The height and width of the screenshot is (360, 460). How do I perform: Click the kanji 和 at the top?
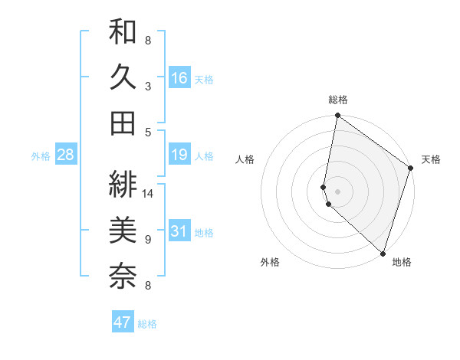[x=123, y=33]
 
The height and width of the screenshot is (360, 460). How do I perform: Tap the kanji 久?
[x=123, y=77]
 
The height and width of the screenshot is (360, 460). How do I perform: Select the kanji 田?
[x=123, y=123]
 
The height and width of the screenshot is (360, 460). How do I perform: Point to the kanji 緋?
[x=123, y=184]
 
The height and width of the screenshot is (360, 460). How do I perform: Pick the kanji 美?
[x=123, y=231]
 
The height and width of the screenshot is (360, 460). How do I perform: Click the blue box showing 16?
[x=179, y=77]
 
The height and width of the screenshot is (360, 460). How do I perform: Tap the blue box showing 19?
[x=179, y=155]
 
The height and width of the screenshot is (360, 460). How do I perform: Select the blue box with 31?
[x=179, y=232]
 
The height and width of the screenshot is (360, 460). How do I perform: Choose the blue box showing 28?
[x=66, y=155]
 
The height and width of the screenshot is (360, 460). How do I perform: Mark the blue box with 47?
[x=123, y=322]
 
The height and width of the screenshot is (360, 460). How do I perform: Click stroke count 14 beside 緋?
[x=148, y=193]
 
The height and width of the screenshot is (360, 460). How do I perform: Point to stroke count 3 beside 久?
[x=148, y=87]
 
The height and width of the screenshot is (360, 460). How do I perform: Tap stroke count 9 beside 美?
[x=148, y=240]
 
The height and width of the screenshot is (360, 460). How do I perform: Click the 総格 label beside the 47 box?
[x=148, y=324]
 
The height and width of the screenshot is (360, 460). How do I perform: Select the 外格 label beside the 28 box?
[x=41, y=156]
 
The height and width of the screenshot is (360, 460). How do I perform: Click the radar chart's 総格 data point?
[x=337, y=116]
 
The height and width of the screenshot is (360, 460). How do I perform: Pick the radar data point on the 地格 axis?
[x=382, y=253]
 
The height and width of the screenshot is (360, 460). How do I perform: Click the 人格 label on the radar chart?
[x=245, y=159]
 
